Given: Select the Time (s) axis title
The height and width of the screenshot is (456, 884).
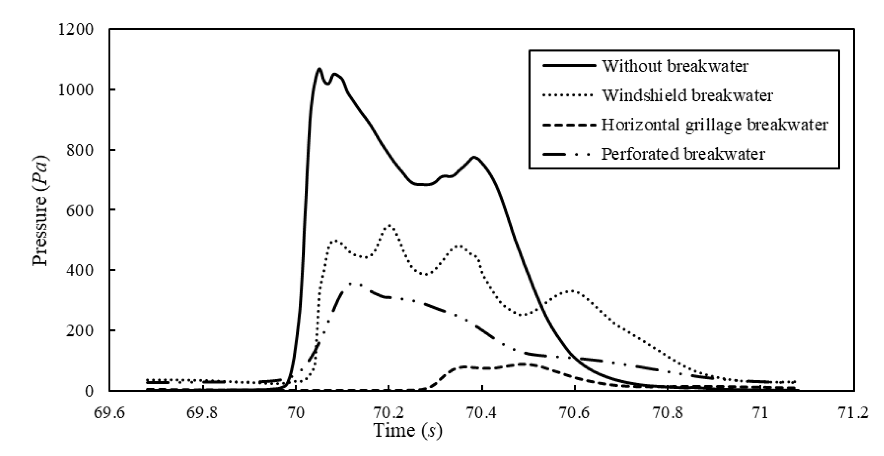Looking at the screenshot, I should tap(408, 431).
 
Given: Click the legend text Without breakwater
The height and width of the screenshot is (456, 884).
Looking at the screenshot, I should tap(675, 66).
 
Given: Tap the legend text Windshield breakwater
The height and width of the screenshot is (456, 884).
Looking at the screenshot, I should tap(687, 96).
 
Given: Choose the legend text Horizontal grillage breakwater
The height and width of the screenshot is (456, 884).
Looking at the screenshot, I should tap(715, 125).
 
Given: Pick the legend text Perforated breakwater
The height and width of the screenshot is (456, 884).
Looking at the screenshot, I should tap(683, 154).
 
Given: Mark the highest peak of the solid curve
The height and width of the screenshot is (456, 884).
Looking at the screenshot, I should tap(319, 69).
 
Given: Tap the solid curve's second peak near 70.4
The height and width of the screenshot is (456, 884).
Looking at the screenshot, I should tap(475, 157).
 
